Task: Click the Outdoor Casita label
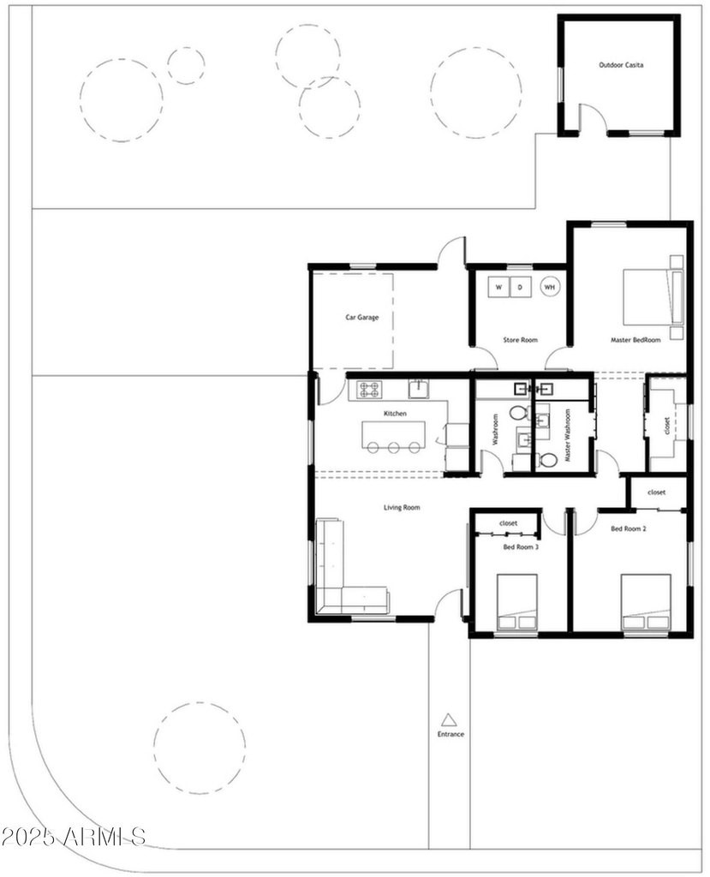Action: pyautogui.click(x=621, y=65)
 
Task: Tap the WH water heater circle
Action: pyautogui.click(x=550, y=287)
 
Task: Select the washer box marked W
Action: pyautogui.click(x=498, y=288)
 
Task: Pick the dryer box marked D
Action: pyautogui.click(x=521, y=288)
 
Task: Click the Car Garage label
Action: pyautogui.click(x=362, y=317)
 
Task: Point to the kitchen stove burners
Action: pyautogui.click(x=370, y=390)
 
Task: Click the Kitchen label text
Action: pyautogui.click(x=395, y=414)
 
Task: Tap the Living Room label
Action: pyautogui.click(x=402, y=507)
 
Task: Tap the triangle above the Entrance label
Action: pyautogui.click(x=449, y=720)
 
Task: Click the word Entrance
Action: pyautogui.click(x=451, y=734)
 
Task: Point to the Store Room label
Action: pyautogui.click(x=521, y=339)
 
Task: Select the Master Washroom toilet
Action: pyautogui.click(x=547, y=460)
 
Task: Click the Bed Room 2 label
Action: pyautogui.click(x=629, y=528)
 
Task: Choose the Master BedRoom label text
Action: pyautogui.click(x=635, y=339)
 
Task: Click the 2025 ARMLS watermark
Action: pyautogui.click(x=74, y=838)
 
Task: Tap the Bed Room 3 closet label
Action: pyautogui.click(x=508, y=523)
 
